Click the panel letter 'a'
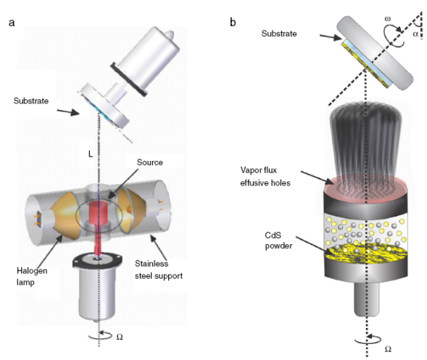pos(12,22)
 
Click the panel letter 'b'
pos(233,22)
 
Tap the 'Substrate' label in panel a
pos(31,101)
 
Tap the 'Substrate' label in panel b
pos(279,33)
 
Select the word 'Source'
pos(150,162)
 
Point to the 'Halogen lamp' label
pos(32,277)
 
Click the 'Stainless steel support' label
pos(159,269)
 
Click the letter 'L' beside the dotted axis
pos(91,154)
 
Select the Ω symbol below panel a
pos(120,337)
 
